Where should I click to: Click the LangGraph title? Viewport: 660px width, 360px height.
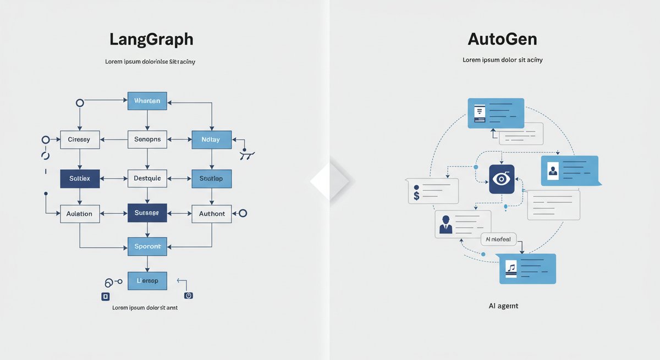click(151, 40)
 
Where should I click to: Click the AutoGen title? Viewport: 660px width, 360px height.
click(502, 40)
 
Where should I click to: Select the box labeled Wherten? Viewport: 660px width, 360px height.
click(147, 101)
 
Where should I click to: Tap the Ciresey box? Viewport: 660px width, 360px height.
click(79, 140)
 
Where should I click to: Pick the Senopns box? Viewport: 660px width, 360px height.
click(147, 140)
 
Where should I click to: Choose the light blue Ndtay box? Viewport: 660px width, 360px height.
click(211, 140)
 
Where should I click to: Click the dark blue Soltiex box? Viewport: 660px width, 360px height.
click(80, 179)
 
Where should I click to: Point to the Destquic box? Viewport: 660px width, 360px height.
click(147, 179)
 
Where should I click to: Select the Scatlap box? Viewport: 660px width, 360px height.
click(211, 179)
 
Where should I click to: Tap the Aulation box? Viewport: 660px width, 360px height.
click(80, 213)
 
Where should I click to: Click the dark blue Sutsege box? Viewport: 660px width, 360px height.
click(147, 213)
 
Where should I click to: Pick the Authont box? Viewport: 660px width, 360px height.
click(212, 213)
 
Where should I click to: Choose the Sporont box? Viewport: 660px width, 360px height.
click(147, 246)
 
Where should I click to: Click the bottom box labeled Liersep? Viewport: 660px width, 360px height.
click(147, 281)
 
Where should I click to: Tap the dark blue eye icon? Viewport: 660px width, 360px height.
click(502, 179)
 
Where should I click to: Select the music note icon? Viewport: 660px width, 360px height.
click(512, 268)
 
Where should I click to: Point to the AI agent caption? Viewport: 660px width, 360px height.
click(503, 306)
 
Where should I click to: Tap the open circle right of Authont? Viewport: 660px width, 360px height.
click(243, 213)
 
